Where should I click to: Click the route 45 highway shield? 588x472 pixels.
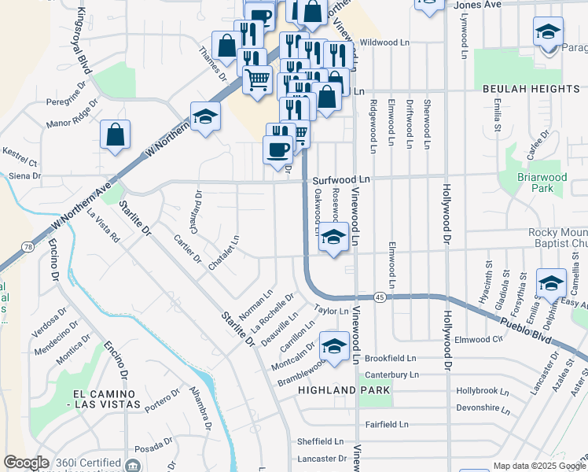pos(380,297)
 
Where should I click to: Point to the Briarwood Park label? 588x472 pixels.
pos(542,183)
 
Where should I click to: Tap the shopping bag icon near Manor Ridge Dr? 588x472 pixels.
pos(116,135)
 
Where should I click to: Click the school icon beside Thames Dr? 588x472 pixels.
pos(205,118)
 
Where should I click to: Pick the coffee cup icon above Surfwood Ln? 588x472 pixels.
pos(278,150)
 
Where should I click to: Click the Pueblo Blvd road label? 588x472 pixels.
pos(527,323)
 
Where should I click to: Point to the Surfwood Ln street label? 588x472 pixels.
pos(341,179)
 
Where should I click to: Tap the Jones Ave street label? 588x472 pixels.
pos(477,5)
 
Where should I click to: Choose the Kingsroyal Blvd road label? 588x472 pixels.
pos(84,42)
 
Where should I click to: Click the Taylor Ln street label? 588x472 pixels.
pos(331,311)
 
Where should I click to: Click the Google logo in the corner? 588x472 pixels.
pos(26,463)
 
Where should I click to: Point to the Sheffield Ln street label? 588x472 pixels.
pos(321,441)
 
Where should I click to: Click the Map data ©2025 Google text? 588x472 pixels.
pos(538,466)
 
